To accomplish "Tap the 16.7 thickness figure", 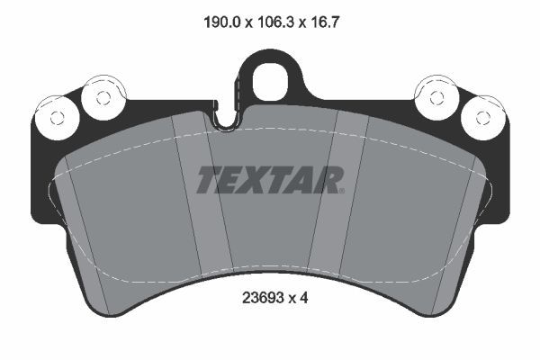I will (328, 17).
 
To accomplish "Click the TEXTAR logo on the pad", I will (269, 180).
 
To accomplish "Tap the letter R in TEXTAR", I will (325, 180).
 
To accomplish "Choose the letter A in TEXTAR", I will (302, 180).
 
